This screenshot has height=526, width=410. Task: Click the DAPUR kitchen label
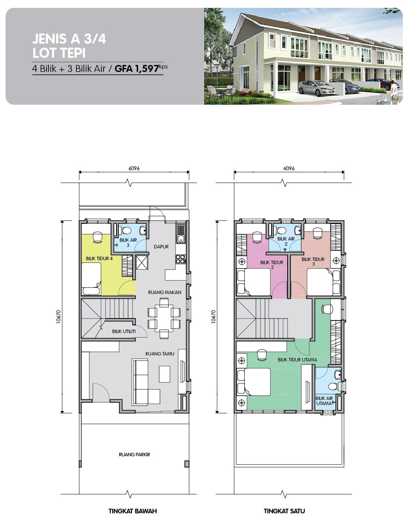161,246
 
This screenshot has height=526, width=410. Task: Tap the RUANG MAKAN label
164,293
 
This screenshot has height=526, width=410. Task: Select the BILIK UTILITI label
124,332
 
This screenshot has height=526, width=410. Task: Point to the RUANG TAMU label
160,354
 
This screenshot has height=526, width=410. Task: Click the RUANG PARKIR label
134,455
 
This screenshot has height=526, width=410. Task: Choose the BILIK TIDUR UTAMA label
297,360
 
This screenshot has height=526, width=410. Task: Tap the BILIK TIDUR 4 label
99,259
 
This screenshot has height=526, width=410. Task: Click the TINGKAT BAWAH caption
133,511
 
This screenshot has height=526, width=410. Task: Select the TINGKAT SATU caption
284,511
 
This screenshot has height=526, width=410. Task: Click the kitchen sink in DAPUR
181,234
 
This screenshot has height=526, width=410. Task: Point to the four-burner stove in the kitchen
181,259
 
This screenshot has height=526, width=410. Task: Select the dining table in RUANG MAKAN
164,318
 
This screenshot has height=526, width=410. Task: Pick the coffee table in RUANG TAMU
164,374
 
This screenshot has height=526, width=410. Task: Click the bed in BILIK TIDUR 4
91,279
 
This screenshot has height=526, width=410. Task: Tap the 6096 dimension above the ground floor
134,168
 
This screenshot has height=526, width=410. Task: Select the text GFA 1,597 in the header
137,69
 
